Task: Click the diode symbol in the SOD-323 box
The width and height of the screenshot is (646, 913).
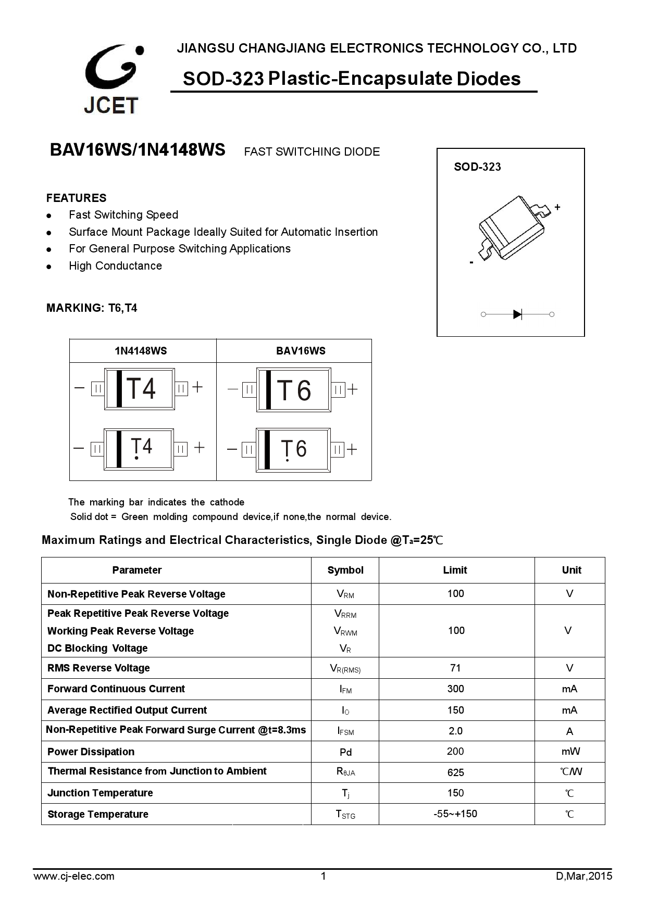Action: (517, 314)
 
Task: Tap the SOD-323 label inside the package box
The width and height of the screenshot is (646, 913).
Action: (477, 167)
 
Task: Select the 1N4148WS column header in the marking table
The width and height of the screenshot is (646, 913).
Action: (141, 351)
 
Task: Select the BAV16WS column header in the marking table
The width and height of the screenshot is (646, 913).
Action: (301, 351)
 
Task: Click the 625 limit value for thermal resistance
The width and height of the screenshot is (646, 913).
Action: (455, 772)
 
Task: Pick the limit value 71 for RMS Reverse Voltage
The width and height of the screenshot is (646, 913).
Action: (455, 668)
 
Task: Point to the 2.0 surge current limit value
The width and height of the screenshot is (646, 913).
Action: (455, 731)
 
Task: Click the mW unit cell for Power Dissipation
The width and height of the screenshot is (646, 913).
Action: (570, 751)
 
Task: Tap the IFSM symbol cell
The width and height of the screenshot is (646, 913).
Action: (345, 731)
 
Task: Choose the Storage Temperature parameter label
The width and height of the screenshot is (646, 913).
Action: (98, 814)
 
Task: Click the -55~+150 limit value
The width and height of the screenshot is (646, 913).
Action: (455, 814)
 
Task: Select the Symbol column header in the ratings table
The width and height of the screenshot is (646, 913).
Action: (345, 570)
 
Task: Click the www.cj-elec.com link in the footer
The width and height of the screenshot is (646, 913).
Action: (74, 876)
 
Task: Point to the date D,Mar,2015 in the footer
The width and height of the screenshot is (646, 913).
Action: (584, 876)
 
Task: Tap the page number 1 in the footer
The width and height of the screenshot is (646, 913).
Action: (323, 876)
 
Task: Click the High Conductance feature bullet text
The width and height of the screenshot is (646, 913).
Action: (115, 266)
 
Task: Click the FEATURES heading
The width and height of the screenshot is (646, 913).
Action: (76, 198)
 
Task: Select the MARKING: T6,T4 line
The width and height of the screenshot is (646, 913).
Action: (92, 308)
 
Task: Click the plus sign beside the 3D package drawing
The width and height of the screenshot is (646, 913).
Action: (557, 207)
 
